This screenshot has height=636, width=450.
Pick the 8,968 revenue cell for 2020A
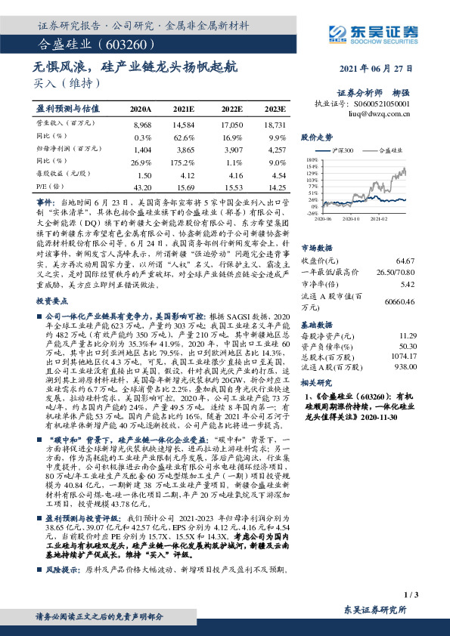tap(141, 123)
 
